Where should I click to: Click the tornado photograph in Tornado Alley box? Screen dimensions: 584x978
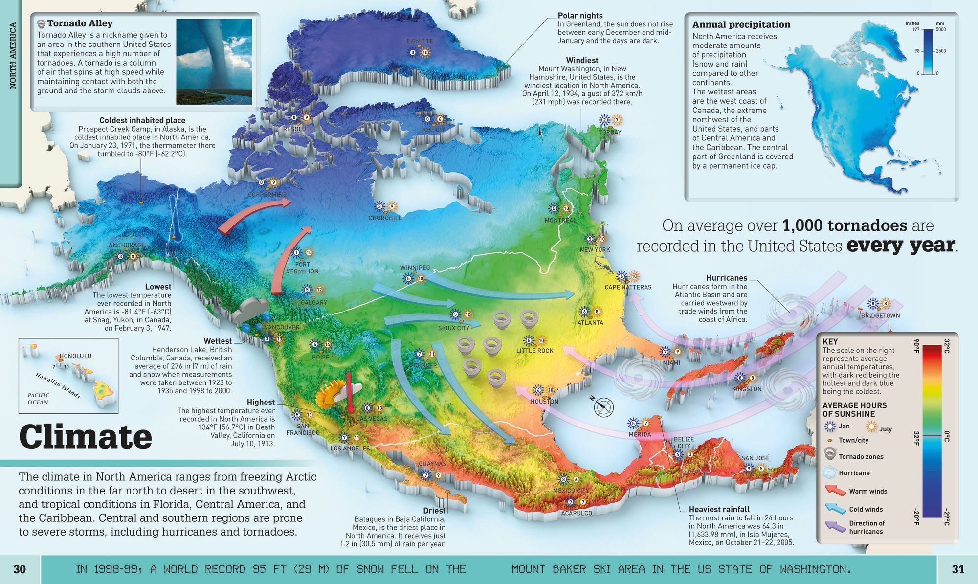tap(214, 61)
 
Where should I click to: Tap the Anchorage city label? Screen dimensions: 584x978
tap(126, 245)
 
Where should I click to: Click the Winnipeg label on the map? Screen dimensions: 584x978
tap(415, 268)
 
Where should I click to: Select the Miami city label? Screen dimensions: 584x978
tap(671, 363)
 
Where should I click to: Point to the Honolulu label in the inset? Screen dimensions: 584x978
tap(75, 356)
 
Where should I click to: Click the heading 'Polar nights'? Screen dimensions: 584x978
tap(580, 16)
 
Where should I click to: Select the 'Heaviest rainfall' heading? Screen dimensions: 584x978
tap(719, 509)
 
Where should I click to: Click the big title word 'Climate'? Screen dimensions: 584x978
tap(86, 437)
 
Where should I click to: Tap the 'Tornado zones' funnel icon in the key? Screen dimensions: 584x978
tap(829, 455)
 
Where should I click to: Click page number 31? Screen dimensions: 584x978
tap(957, 569)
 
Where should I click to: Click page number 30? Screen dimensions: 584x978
tap(20, 569)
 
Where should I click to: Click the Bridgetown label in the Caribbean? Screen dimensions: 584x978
tap(880, 315)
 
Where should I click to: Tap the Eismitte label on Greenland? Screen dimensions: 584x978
tap(420, 41)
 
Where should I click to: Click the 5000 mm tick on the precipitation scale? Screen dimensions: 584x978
tap(940, 30)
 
